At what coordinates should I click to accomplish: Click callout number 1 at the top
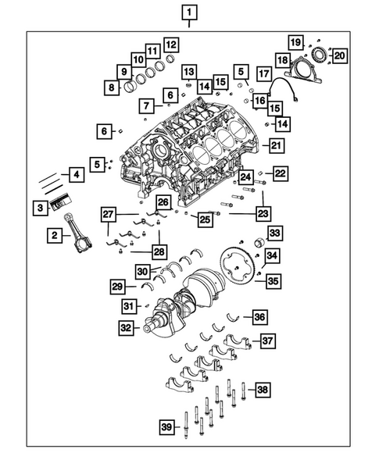[190, 12]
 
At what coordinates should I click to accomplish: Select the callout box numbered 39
[166, 426]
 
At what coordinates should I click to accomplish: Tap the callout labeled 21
[277, 144]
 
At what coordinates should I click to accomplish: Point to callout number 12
[170, 45]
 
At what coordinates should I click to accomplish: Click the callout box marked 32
[126, 329]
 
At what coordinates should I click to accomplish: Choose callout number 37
[267, 341]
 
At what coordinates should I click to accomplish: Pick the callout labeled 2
[55, 234]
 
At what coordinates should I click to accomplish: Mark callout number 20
[338, 54]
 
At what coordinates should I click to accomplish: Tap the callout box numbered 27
[109, 214]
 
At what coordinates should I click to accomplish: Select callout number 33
[274, 234]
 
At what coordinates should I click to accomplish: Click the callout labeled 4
[76, 175]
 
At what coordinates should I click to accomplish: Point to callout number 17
[265, 74]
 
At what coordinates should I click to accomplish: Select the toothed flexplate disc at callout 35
[240, 262]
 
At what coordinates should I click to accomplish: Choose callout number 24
[245, 177]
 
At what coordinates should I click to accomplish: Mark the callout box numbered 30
[141, 270]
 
